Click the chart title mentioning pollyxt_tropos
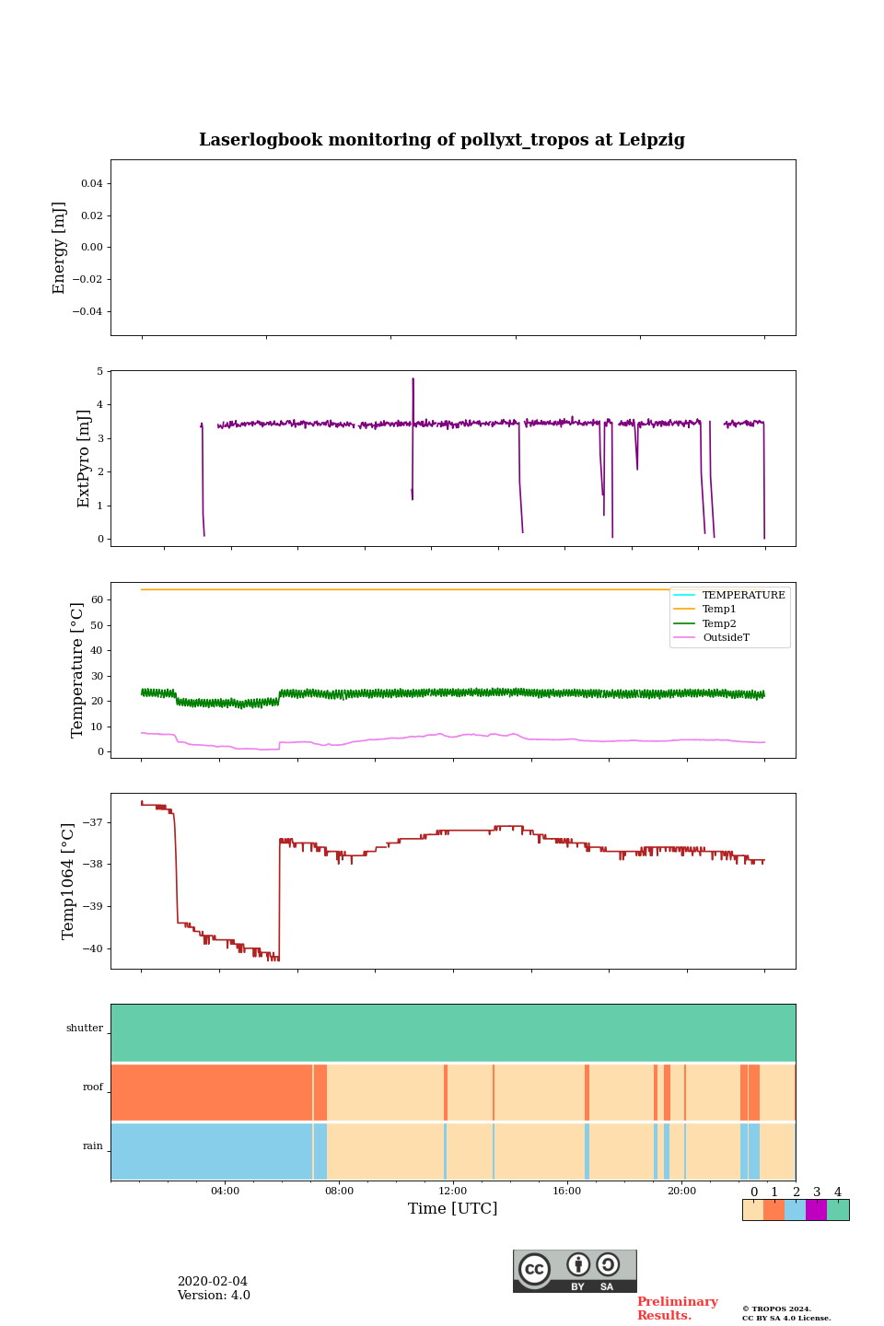442,140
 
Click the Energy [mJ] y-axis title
60,248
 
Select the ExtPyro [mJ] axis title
84,459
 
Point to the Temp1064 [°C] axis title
68,881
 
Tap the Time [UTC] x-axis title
452,1208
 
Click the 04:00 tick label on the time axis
225,1191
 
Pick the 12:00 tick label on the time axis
453,1191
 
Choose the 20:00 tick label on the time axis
681,1191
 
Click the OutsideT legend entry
726,638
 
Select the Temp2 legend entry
719,623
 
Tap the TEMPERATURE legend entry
743,595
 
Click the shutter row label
85,1029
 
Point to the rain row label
93,1146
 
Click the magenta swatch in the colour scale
816,1210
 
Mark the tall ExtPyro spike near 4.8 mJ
413,379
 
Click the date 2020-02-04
212,1282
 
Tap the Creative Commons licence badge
575,1271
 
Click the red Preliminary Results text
677,1309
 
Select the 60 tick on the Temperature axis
96,599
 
